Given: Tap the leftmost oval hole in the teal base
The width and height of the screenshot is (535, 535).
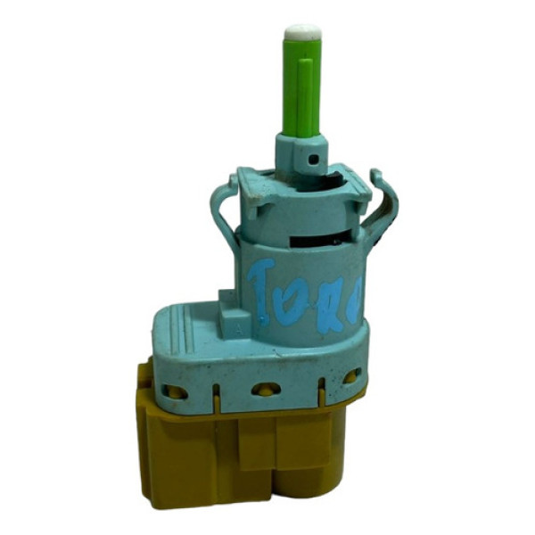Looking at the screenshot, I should (x=176, y=390).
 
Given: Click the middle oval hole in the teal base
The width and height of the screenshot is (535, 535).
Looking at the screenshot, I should (x=263, y=389).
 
